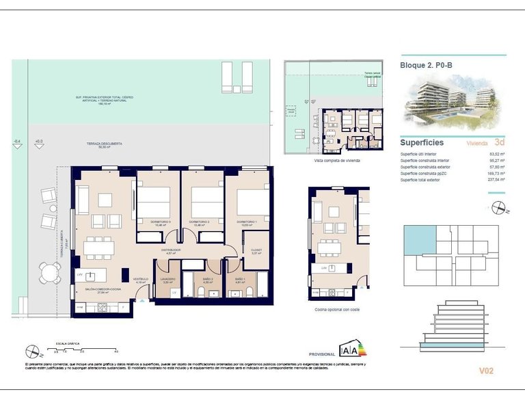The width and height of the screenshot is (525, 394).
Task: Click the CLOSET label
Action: pos(258,250)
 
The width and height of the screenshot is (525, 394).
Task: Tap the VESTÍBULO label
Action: pos(141,279)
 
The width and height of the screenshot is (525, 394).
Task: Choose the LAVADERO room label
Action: pos(168,279)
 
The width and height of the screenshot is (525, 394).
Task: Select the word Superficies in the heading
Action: pos(422,143)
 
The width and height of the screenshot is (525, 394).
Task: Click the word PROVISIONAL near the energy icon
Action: pos(322,354)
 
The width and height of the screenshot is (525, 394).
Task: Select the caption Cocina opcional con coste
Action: pos(337,310)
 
